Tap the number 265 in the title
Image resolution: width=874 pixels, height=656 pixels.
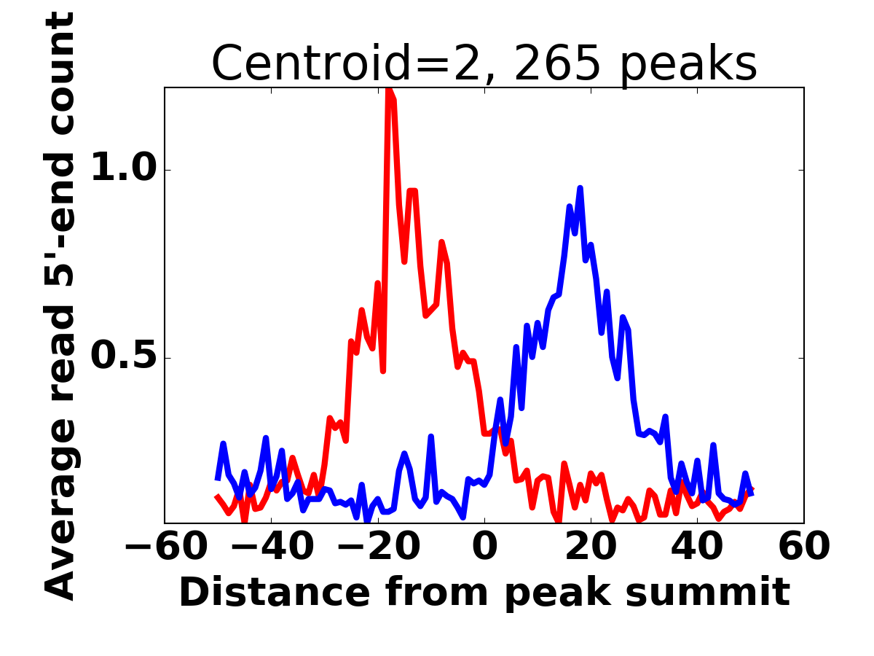(557, 63)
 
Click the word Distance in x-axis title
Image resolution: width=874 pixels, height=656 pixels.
(259, 593)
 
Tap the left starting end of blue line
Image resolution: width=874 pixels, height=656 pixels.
(217, 479)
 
